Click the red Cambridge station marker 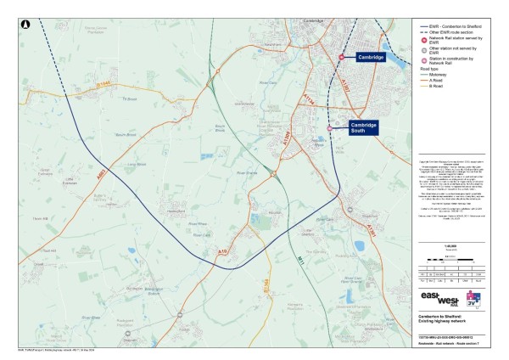tap(343, 57)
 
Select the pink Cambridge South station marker tap(330, 127)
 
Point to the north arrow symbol tap(27, 25)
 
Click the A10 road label tap(223, 252)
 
